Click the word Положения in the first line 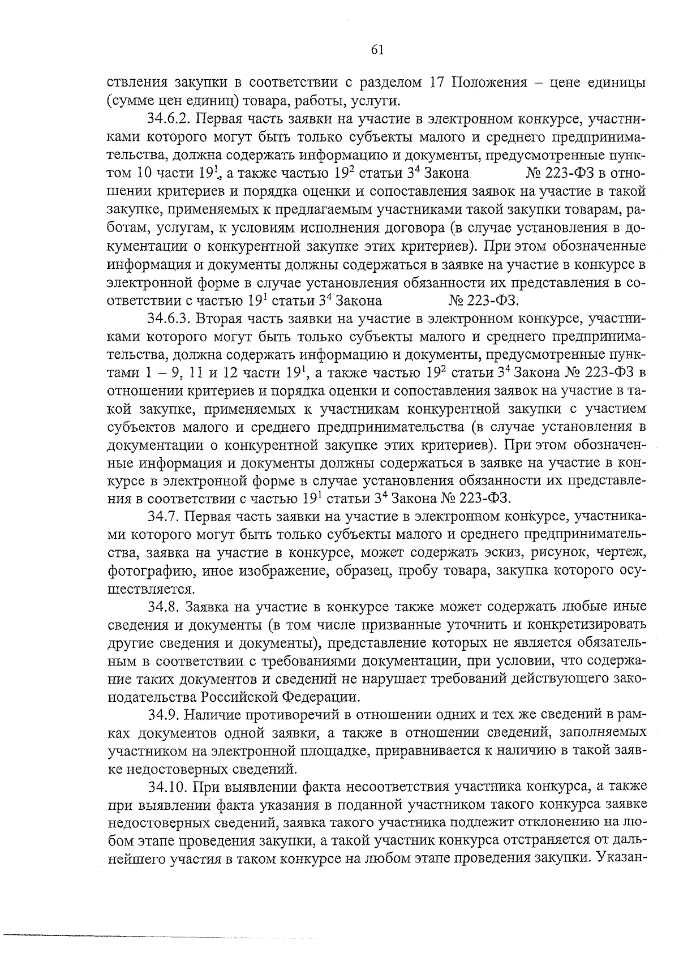(x=488, y=83)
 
